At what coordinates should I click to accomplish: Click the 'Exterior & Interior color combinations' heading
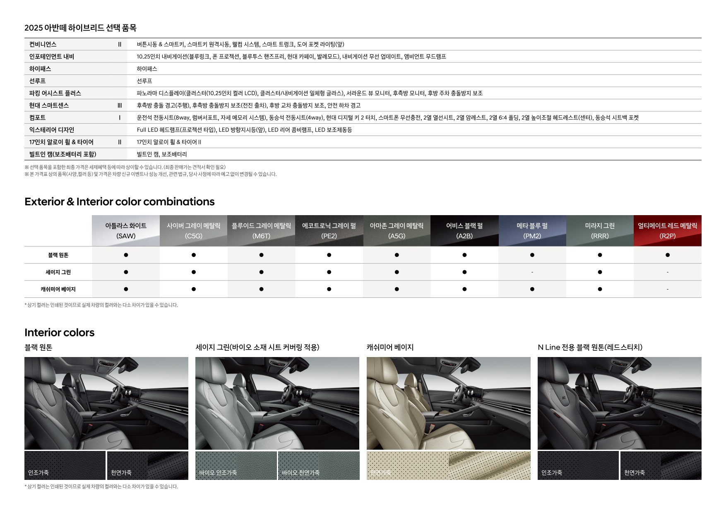tap(119, 202)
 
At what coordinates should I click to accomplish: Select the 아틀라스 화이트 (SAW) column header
tap(126, 231)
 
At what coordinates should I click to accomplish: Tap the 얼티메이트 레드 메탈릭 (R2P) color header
tap(667, 231)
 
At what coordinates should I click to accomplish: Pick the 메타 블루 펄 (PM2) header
tap(532, 231)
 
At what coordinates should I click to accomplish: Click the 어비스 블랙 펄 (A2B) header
tap(464, 231)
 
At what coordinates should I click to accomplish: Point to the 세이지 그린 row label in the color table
tap(58, 272)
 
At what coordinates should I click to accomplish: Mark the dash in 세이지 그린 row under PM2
tap(532, 272)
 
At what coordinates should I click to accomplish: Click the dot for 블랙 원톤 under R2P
tap(667, 255)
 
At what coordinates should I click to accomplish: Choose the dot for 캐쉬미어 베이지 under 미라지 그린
tap(600, 289)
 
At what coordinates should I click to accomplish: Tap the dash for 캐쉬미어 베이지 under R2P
tap(667, 289)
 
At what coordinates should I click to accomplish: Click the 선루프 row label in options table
tap(37, 81)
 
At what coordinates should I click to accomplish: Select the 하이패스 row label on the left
tap(40, 69)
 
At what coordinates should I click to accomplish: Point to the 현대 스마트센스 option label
tap(49, 105)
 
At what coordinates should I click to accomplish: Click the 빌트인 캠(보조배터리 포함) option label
tap(63, 154)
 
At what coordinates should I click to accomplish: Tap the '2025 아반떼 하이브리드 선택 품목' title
tap(80, 28)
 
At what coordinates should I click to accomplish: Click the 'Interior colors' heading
tap(59, 333)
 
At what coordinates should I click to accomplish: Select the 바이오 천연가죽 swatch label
tap(300, 472)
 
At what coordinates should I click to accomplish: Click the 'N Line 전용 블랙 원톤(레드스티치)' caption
tap(590, 348)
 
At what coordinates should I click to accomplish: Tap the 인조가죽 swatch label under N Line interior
tap(551, 472)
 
